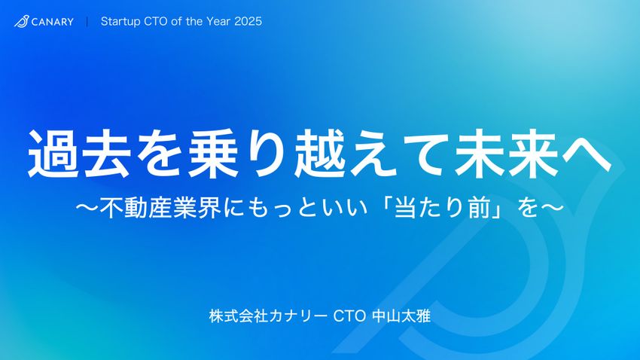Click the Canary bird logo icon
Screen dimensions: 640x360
pos(21,21)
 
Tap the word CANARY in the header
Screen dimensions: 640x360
pos(53,22)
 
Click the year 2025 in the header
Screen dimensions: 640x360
pos(248,21)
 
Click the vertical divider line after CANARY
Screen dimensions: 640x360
pos(87,22)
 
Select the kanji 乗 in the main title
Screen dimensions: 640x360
pos(214,153)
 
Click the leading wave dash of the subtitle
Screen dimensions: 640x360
pos(87,208)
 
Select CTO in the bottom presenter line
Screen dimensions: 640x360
pos(349,316)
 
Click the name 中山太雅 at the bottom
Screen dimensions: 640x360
pos(401,316)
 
